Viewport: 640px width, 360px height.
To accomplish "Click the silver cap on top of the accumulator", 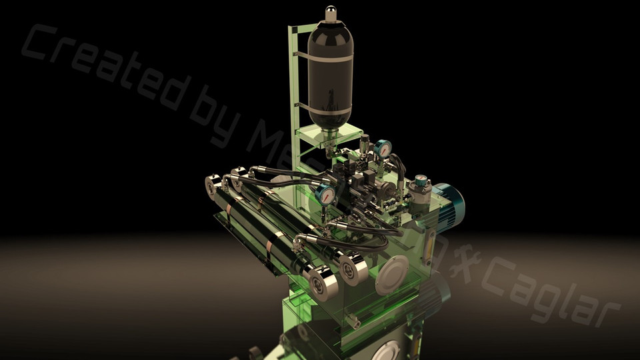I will click(331, 13).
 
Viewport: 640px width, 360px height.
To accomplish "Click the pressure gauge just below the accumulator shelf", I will click(383, 148).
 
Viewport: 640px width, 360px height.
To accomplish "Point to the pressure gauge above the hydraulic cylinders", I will click(325, 194).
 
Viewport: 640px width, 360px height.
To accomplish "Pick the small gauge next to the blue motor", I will click(421, 181).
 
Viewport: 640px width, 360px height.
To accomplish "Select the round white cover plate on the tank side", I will click(391, 275).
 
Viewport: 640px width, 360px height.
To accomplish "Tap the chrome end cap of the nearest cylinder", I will click(319, 282).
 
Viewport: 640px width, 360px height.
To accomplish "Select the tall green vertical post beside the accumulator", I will click(293, 80).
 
